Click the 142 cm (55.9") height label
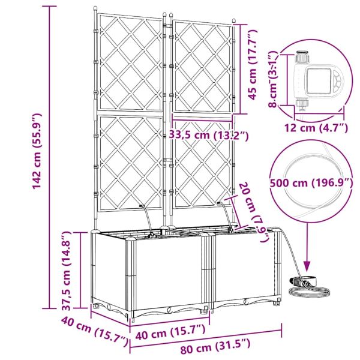pos(37,152)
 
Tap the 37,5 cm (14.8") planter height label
pos(67,271)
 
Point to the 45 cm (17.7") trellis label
pos(253,65)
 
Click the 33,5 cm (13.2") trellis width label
pos(209,135)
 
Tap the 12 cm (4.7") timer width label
pos(316,128)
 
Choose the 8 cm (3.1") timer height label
pos(274,79)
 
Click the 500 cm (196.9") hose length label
pos(311,183)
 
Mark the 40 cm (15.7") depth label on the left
pos(94,331)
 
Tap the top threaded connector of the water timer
pos(303,57)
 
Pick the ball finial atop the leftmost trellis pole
pos(95,9)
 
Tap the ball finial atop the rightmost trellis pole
pos(234,21)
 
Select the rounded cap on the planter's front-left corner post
pos(131,239)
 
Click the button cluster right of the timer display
pos(337,82)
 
